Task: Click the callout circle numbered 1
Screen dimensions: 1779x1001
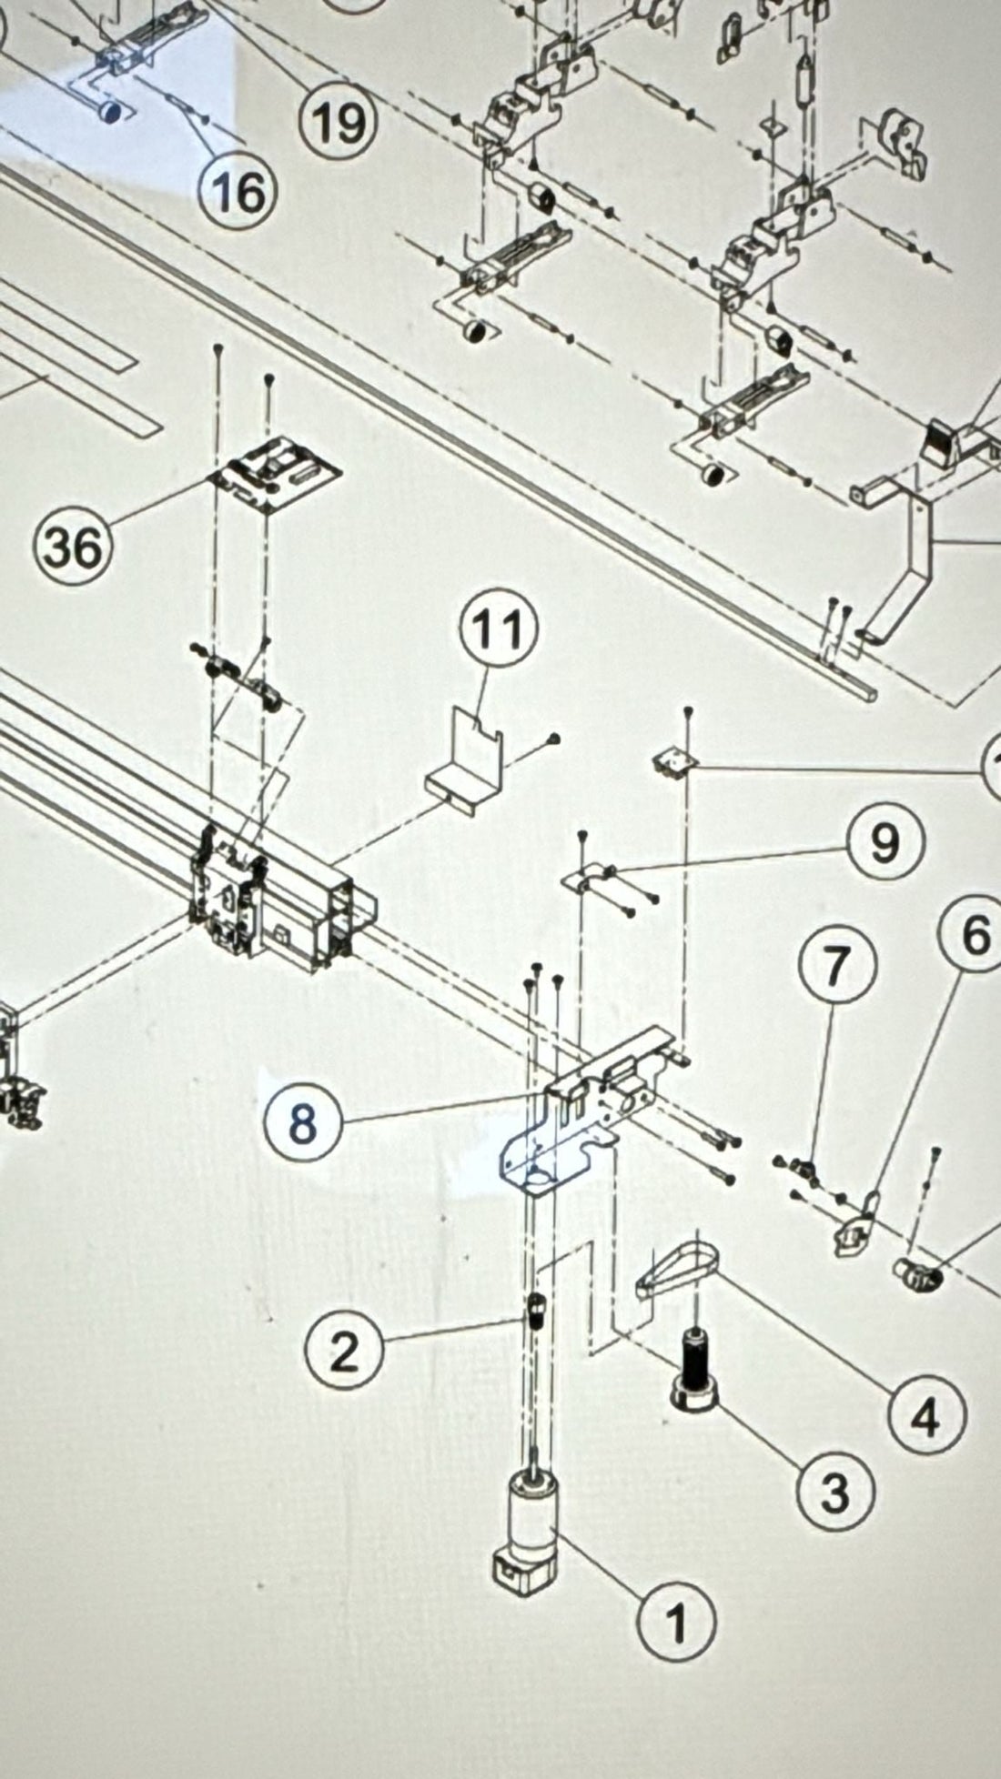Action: click(676, 1621)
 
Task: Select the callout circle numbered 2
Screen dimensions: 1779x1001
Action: click(343, 1352)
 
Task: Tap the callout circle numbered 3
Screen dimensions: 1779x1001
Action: click(834, 1492)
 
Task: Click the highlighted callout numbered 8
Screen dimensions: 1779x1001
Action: click(303, 1122)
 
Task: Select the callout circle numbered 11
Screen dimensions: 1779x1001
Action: click(500, 629)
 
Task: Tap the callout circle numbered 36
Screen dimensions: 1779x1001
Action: click(73, 548)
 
